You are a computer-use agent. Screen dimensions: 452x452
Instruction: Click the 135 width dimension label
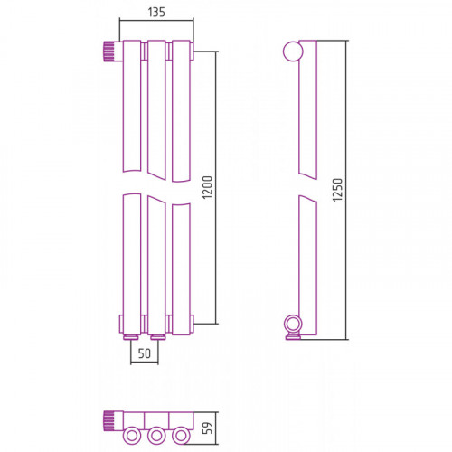pyautogui.click(x=156, y=12)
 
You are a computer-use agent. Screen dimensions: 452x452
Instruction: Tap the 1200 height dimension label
pyautogui.click(x=208, y=187)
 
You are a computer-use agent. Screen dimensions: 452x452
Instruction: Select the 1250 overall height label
pyautogui.click(x=337, y=190)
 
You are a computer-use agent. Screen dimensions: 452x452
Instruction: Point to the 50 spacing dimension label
pyautogui.click(x=145, y=353)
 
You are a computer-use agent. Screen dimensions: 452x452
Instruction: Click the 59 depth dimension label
pyautogui.click(x=208, y=428)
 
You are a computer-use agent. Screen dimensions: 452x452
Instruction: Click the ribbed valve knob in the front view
pyautogui.click(x=109, y=52)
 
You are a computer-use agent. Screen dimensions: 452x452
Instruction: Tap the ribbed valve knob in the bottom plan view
pyautogui.click(x=109, y=421)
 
